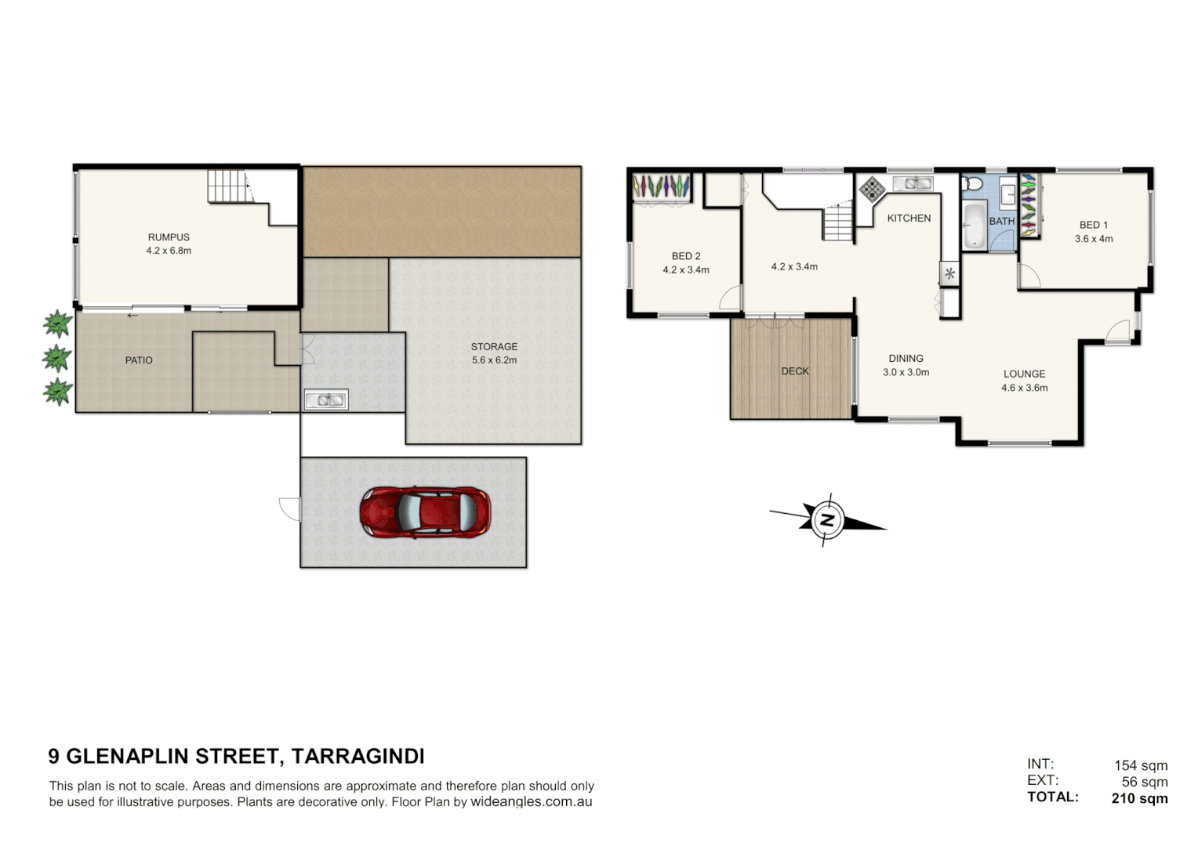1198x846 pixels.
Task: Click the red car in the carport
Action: point(425,512)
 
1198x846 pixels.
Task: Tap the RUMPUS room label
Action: point(169,237)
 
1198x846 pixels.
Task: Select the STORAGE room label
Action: point(494,346)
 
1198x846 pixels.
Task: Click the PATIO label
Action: point(139,360)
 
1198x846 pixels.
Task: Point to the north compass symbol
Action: point(826,520)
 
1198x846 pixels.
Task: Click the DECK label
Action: point(794,371)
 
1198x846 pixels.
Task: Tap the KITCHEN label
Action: point(909,219)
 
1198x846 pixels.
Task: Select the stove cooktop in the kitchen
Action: point(872,189)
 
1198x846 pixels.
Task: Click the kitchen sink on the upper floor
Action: point(913,183)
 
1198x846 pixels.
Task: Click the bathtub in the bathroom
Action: point(974,225)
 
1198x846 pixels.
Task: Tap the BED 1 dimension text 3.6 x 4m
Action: point(1094,239)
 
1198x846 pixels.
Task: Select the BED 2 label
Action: point(686,256)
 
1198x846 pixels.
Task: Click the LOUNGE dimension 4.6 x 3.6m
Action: point(1024,388)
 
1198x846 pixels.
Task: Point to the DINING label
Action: point(906,359)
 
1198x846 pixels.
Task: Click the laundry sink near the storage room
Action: point(325,400)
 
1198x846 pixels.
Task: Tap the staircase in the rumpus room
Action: point(228,186)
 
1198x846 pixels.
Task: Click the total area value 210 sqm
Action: point(1139,798)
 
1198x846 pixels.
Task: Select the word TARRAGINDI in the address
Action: point(358,756)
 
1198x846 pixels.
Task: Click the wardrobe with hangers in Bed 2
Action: point(662,187)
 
